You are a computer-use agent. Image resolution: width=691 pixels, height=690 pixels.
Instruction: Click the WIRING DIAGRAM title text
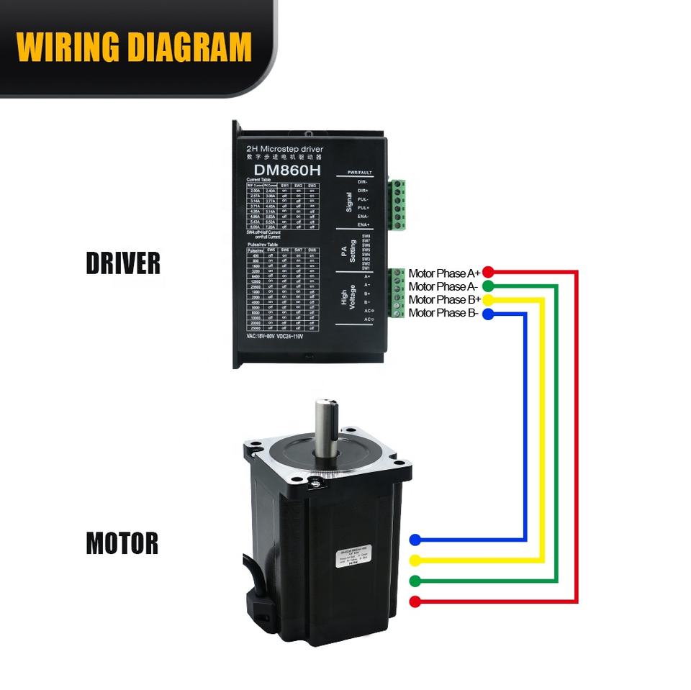(x=134, y=47)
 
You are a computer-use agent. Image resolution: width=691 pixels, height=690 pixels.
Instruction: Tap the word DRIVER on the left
(x=123, y=263)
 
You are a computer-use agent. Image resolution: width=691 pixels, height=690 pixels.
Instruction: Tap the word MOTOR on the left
(x=122, y=543)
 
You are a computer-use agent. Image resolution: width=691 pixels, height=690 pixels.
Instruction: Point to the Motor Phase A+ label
(x=444, y=273)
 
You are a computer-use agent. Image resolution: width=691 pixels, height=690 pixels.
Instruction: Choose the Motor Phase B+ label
(x=444, y=299)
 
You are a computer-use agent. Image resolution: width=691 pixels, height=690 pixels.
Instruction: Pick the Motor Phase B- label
(x=443, y=313)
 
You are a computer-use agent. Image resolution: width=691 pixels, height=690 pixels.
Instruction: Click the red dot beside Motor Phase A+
(x=488, y=272)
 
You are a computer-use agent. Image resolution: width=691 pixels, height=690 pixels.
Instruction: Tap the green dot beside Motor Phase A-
(x=488, y=286)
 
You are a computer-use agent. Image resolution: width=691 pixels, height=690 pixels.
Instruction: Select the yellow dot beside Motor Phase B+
(x=488, y=299)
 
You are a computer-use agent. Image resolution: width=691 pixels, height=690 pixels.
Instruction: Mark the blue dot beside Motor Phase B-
(x=488, y=314)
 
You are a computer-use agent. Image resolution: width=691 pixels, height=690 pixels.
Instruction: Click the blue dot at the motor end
(x=415, y=540)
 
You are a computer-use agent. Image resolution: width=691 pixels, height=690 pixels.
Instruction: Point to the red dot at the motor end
(x=415, y=602)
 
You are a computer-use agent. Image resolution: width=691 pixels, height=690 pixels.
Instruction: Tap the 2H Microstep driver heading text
(x=284, y=149)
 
